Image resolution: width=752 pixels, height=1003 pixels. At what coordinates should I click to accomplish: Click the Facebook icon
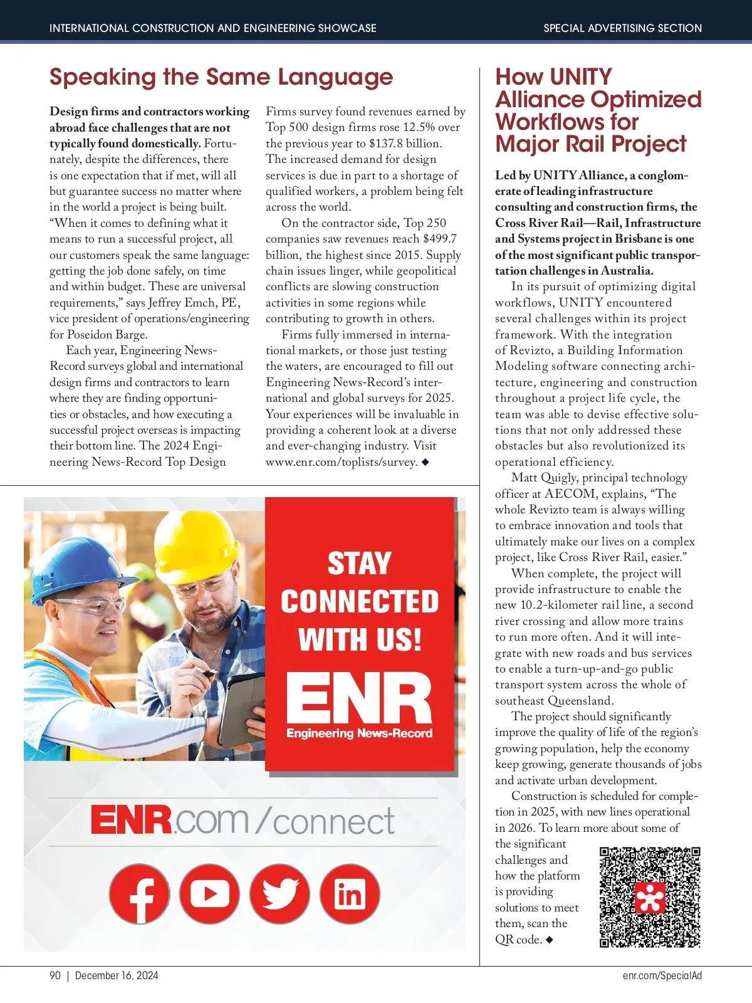139,894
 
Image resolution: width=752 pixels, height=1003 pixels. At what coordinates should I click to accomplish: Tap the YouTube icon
209,894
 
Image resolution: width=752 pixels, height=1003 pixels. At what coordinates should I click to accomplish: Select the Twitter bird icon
279,894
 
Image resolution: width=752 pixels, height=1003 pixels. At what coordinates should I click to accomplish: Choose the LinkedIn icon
350,894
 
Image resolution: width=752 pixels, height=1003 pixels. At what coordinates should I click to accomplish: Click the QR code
649,896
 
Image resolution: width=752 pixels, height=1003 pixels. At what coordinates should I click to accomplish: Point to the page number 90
55,975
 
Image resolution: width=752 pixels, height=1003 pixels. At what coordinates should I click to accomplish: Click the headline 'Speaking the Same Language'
221,77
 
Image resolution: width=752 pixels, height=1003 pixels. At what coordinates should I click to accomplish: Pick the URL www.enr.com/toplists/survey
342,462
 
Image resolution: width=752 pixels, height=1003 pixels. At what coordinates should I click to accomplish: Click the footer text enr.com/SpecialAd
662,975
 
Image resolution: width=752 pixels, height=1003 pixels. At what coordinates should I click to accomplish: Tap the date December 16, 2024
117,975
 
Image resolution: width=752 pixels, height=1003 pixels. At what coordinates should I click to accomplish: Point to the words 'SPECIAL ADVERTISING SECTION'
622,28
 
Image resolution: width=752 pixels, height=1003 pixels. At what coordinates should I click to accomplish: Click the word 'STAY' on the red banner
359,563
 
